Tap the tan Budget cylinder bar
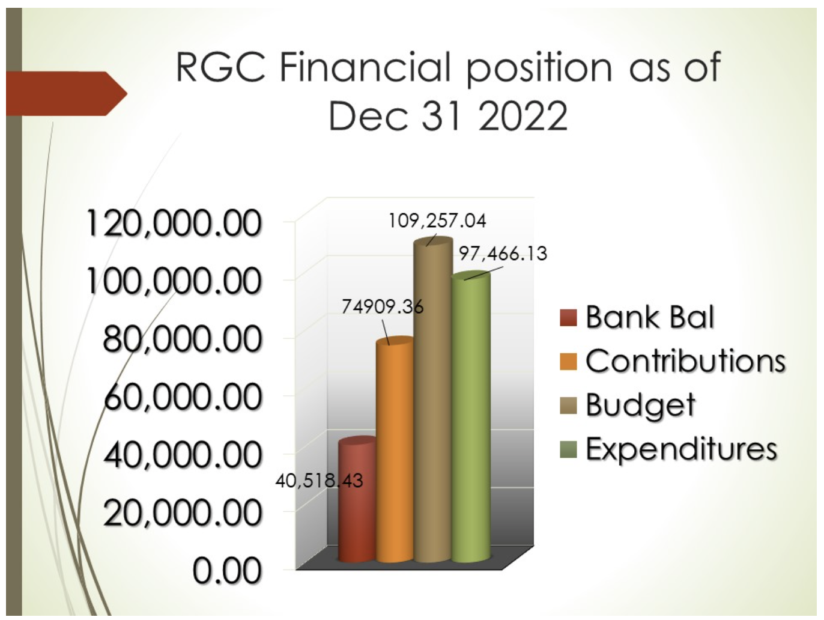433,400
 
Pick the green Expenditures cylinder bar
471,417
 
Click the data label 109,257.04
438,221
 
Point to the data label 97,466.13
503,254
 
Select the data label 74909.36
383,307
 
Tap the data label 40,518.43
320,481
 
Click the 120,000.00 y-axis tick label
174,224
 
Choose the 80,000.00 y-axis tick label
182,339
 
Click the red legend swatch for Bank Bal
568,318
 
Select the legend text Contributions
685,361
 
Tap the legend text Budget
641,406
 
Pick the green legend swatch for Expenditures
568,449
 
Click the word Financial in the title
365,67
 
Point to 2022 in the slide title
523,116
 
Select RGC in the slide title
220,67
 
